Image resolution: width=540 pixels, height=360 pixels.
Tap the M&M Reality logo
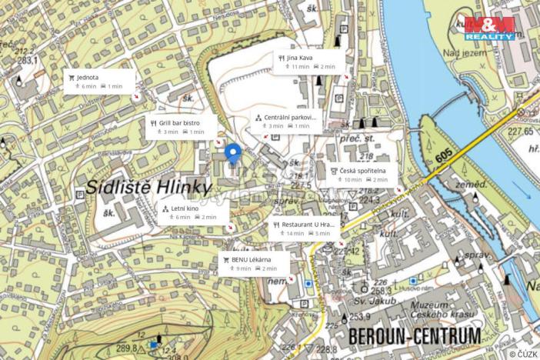pyautogui.click(x=489, y=28)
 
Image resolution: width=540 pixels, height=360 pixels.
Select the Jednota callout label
pyautogui.click(x=99, y=81)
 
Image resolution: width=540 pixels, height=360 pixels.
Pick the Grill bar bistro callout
pyautogui.click(x=181, y=127)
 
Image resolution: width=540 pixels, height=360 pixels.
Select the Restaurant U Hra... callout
pyautogui.click(x=305, y=228)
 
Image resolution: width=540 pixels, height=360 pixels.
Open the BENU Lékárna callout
pyautogui.click(x=254, y=264)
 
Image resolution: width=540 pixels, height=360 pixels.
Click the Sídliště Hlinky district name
pyautogui.click(x=147, y=186)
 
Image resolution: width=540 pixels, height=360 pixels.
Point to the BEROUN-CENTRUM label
pyautogui.click(x=414, y=336)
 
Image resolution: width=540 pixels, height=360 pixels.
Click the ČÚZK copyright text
pyautogui.click(x=522, y=353)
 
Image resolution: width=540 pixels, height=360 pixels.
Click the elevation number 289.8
pyautogui.click(x=126, y=348)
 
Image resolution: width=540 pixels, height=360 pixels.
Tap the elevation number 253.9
pyautogui.click(x=360, y=316)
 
